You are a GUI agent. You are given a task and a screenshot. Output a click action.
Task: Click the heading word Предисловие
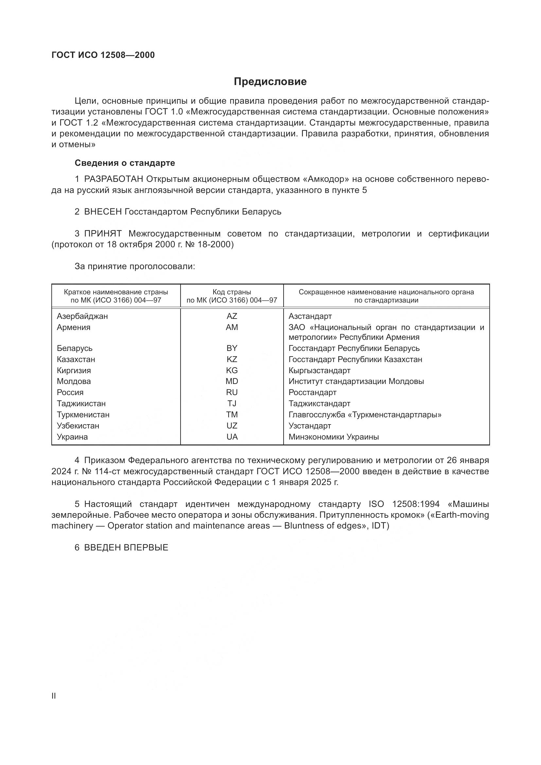(270, 82)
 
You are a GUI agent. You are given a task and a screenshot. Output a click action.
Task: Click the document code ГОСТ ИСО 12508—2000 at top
(103, 55)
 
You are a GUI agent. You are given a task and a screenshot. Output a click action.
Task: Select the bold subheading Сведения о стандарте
(125, 163)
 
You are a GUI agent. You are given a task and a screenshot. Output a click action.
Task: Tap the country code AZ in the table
(232, 316)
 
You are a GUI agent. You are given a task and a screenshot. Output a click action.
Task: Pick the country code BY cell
(232, 348)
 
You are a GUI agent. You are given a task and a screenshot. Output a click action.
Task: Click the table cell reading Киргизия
(74, 371)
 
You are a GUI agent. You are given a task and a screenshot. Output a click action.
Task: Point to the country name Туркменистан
(83, 415)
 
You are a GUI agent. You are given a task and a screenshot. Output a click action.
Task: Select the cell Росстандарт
(312, 392)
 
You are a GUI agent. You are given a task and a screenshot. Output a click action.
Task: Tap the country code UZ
(232, 426)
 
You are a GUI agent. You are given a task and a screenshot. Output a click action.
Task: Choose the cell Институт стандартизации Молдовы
(356, 381)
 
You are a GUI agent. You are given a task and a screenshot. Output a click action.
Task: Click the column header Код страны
(232, 292)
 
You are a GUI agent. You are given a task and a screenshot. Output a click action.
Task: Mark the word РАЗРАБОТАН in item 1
(113, 179)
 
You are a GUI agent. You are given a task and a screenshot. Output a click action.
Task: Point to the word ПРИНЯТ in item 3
(103, 234)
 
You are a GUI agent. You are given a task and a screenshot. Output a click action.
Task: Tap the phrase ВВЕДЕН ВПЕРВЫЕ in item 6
(126, 548)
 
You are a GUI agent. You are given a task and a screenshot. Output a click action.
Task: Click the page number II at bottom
(54, 696)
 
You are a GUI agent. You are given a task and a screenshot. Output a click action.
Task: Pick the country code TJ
(232, 404)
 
